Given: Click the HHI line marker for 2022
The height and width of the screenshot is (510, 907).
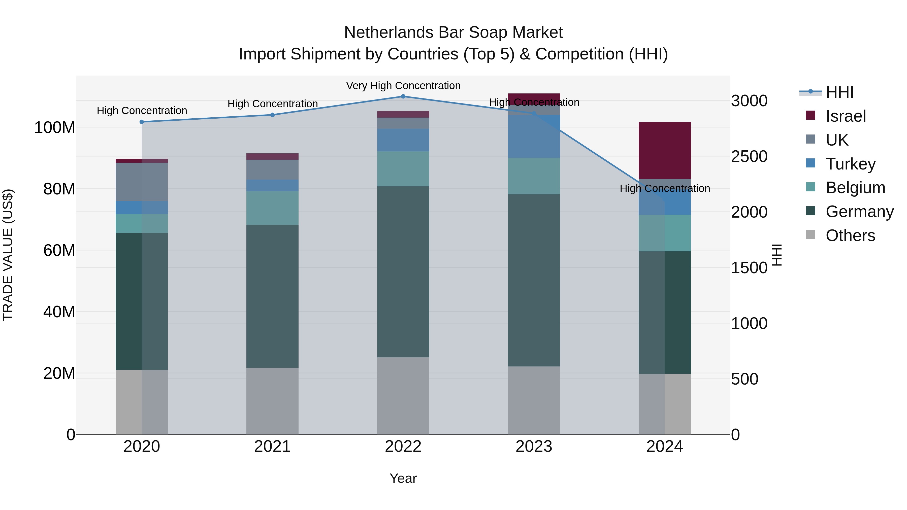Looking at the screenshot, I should click(x=403, y=96).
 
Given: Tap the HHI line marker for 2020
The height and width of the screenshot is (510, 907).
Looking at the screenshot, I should click(x=142, y=122).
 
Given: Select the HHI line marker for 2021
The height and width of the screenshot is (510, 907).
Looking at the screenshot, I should click(x=272, y=115).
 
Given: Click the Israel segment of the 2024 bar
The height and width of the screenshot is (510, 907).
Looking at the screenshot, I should click(x=664, y=150).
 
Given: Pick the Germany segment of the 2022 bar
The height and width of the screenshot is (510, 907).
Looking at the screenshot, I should click(x=403, y=272).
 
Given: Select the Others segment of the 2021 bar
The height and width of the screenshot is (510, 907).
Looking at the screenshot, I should click(x=272, y=401).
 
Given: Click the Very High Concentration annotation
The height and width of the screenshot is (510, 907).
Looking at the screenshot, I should click(x=403, y=86).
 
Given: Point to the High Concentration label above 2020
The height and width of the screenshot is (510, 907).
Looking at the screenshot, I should click(x=142, y=111).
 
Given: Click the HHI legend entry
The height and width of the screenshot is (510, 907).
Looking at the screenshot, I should click(x=839, y=92).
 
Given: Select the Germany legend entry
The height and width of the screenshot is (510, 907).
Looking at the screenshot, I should click(x=859, y=212).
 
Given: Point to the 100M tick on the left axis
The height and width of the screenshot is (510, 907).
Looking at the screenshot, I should click(x=55, y=127).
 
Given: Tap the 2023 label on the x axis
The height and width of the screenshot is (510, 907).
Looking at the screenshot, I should click(x=534, y=447).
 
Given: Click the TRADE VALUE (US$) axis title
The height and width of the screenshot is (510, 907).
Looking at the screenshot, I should click(x=8, y=255).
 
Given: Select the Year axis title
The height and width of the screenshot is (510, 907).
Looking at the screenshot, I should click(x=403, y=478).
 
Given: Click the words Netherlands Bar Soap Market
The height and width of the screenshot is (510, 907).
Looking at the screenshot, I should click(x=453, y=32).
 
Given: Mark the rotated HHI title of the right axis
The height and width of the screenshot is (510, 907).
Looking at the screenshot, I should click(x=777, y=255).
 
